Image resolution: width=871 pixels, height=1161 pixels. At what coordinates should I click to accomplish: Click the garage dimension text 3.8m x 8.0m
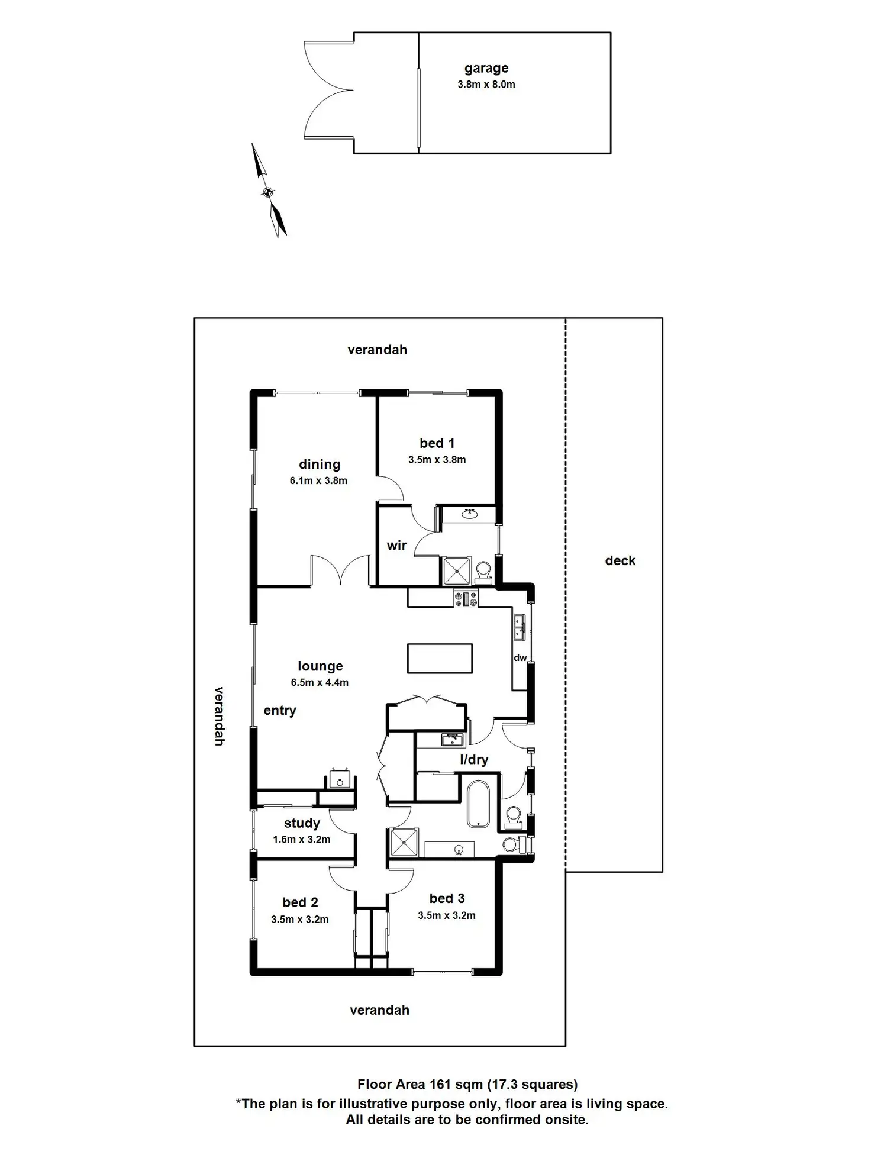pos(486,85)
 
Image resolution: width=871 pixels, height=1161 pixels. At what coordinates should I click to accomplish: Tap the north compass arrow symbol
pos(268,191)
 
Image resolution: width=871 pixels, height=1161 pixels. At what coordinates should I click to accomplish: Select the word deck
pos(620,561)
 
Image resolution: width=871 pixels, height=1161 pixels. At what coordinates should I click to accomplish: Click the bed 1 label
pos(437,443)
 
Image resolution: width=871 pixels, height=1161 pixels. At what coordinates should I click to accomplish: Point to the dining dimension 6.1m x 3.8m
pos(318,481)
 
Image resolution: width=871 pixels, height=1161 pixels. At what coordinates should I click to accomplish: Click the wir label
pos(396,546)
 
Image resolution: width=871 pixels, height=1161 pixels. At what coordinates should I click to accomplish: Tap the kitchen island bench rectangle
pos(440,659)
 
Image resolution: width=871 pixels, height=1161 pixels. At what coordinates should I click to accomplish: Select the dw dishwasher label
pos(520,658)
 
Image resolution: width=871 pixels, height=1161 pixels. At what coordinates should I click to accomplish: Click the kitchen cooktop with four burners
pos(466,599)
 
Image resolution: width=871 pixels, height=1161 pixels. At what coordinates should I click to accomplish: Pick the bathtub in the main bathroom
pos(478,804)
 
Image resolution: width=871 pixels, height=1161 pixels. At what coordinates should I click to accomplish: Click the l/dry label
pos(474,760)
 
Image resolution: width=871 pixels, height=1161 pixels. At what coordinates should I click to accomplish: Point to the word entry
pos(280,711)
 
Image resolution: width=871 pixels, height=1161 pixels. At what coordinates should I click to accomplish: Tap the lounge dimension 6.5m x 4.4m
pos(320,683)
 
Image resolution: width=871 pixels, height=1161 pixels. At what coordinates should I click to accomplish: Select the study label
pos(302,823)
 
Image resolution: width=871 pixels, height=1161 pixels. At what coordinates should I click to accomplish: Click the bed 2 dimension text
pos(300,920)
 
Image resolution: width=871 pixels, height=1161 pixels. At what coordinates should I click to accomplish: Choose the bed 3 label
pos(447,899)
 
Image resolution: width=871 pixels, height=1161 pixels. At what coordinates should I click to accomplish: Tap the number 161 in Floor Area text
pos(438,1085)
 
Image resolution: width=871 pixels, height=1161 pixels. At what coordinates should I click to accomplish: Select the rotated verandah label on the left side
pos(219,716)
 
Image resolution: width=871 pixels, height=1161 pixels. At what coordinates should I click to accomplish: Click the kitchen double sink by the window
pos(520,628)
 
